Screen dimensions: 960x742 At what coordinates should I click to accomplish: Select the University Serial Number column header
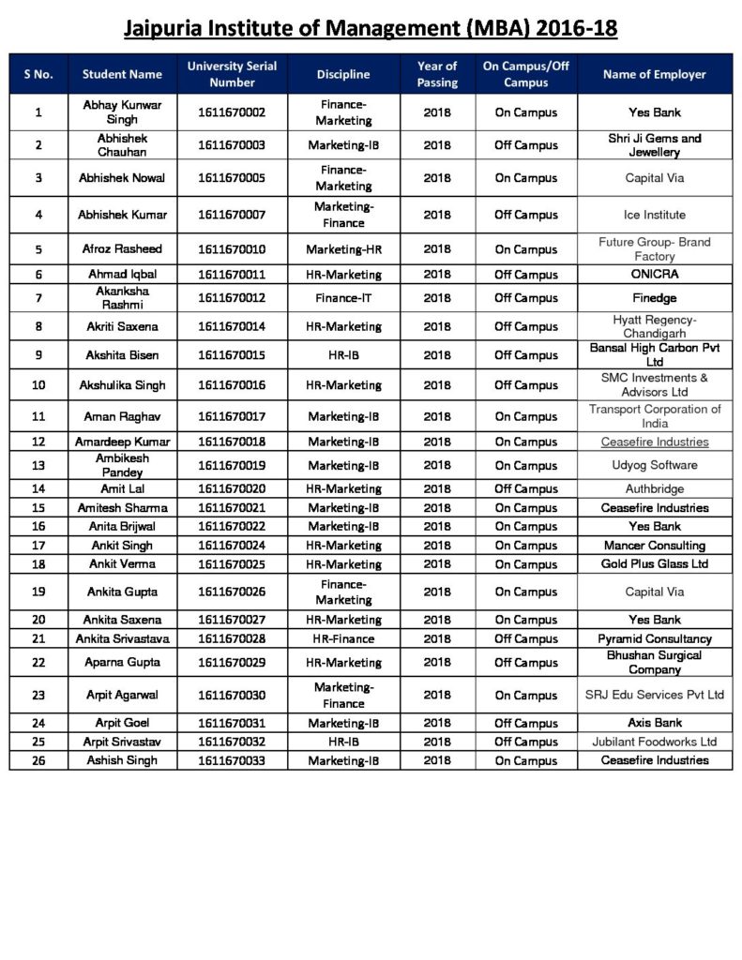pos(232,74)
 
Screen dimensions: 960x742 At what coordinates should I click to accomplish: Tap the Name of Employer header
pos(654,74)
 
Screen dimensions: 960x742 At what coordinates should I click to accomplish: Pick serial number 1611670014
pos(232,326)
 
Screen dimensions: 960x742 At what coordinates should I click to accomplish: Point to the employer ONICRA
pos(654,275)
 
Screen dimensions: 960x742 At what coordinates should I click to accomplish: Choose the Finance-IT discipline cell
pos(343,298)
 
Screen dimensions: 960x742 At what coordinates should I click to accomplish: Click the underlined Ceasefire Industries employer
pos(654,442)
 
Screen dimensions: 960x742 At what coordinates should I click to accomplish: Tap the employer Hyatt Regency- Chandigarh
pos(654,326)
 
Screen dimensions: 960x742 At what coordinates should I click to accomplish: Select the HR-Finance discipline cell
pos(343,638)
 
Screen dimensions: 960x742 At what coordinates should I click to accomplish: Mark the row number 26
pos(38,760)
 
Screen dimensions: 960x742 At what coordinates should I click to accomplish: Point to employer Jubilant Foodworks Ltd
pos(654,742)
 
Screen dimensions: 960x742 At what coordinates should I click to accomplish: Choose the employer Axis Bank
pos(654,723)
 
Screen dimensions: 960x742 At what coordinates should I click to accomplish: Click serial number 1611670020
pos(232,488)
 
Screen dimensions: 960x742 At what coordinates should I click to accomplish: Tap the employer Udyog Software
pos(654,465)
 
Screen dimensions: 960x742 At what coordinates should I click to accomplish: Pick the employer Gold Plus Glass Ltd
pos(654,563)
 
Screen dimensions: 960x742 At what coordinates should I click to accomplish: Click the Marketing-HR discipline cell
pos(343,249)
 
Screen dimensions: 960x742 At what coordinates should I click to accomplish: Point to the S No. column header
pos(38,74)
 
